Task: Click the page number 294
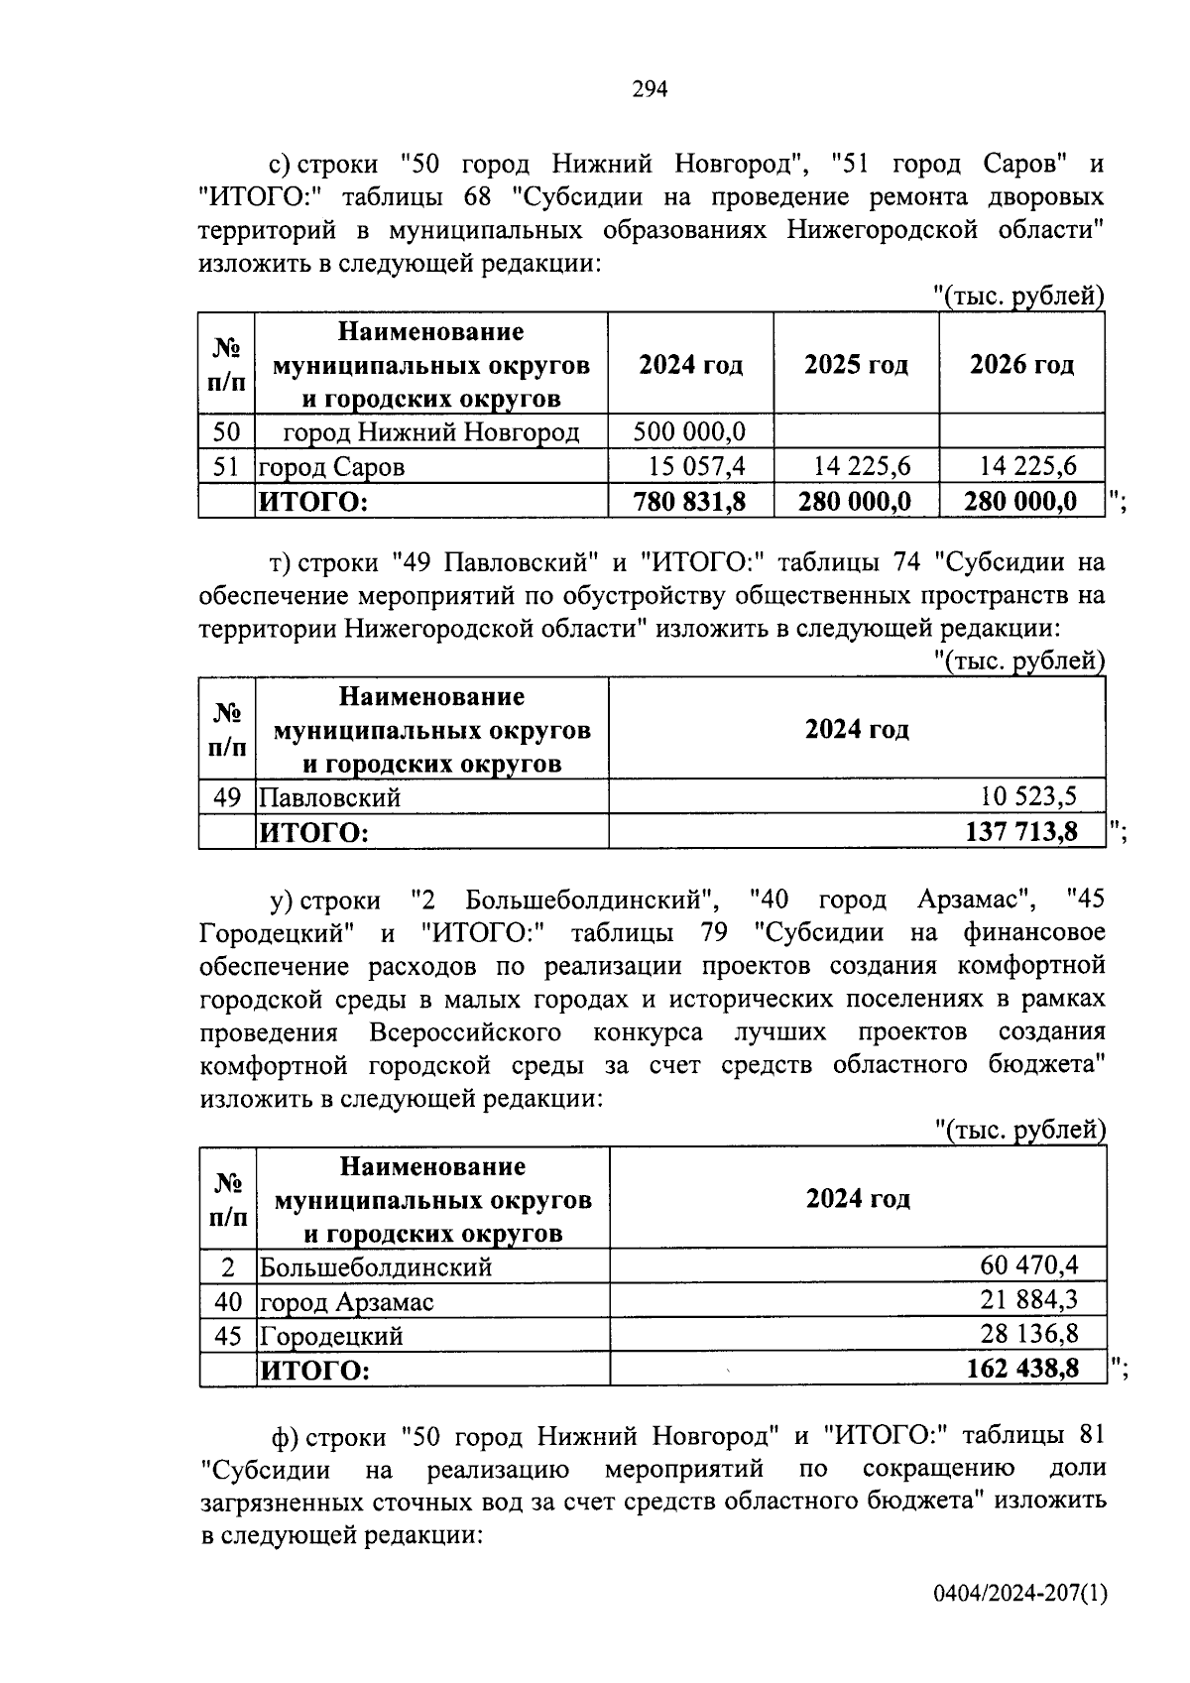(650, 90)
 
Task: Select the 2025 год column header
(856, 365)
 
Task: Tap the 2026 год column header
(1021, 365)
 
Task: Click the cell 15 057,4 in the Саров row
(697, 466)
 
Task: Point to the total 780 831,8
(690, 502)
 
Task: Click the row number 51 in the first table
(227, 466)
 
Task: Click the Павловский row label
(329, 797)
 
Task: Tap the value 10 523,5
(1028, 795)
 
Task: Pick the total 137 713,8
(1021, 831)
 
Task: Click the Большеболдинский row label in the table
(376, 1267)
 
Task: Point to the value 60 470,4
(1029, 1265)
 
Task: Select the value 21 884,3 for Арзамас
(1029, 1300)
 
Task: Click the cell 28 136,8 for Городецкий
(1029, 1334)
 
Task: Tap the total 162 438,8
(1022, 1370)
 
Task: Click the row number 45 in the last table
(228, 1336)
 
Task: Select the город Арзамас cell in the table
(346, 1302)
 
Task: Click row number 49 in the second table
(227, 796)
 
